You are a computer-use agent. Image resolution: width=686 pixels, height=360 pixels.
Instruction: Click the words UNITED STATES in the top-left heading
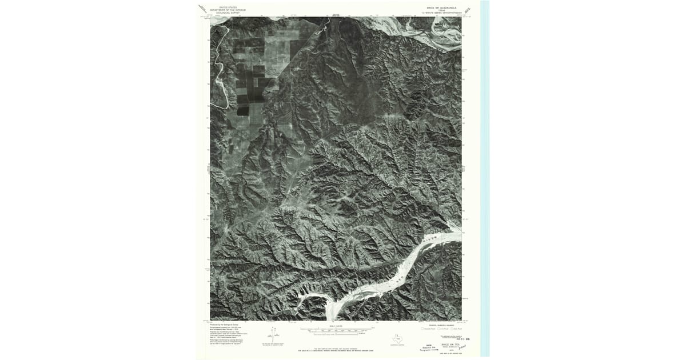pyautogui.click(x=224, y=7)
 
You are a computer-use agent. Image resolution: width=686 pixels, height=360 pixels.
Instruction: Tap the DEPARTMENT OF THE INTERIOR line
pyautogui.click(x=224, y=10)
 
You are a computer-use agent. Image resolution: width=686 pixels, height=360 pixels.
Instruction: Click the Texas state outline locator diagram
pyautogui.click(x=396, y=338)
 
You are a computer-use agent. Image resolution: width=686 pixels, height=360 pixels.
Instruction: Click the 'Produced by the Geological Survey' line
pyautogui.click(x=228, y=323)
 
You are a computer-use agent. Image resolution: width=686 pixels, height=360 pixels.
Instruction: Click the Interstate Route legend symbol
pyautogui.click(x=423, y=329)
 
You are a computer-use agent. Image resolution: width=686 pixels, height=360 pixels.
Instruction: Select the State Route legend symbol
pyautogui.click(x=453, y=329)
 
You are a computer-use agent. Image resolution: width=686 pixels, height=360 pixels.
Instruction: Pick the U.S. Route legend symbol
pyautogui.click(x=438, y=329)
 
